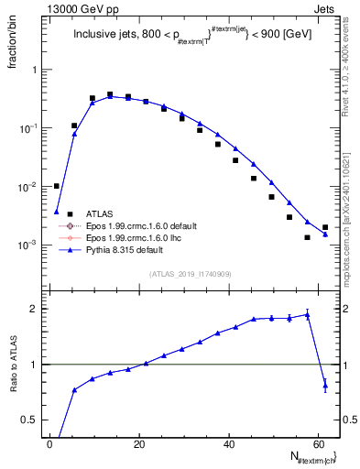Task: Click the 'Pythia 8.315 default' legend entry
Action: [x=127, y=248]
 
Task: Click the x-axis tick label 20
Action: [x=138, y=442]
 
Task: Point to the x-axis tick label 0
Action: [x=50, y=442]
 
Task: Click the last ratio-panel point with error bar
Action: [x=325, y=386]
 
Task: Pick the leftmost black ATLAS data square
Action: [x=57, y=186]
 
